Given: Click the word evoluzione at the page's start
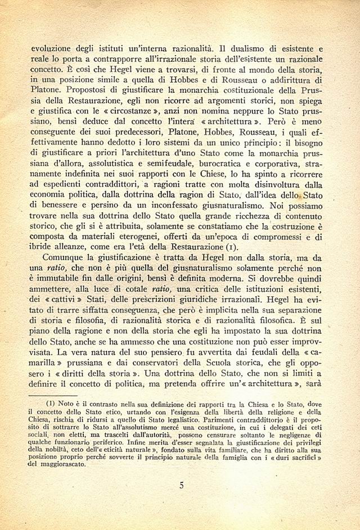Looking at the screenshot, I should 54,48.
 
